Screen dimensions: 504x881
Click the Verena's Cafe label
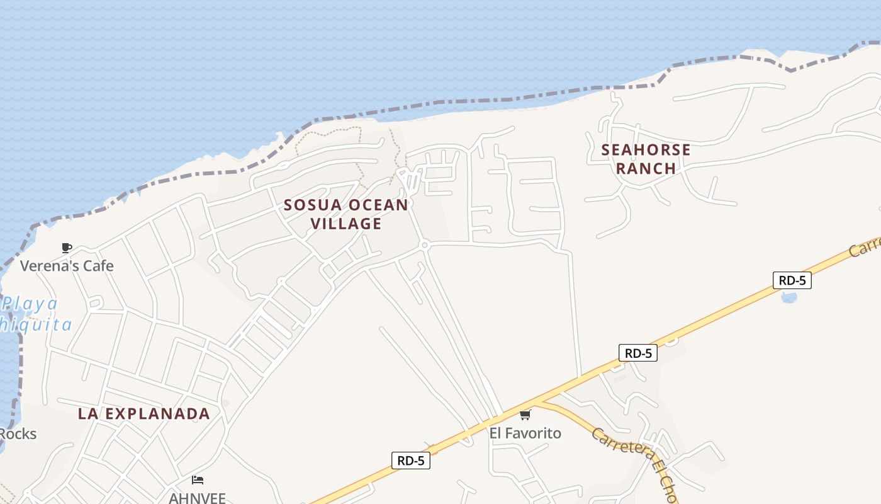click(67, 266)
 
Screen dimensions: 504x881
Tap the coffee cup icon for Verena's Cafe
click(67, 248)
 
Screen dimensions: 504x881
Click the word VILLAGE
click(346, 224)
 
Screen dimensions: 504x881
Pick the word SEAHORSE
click(646, 150)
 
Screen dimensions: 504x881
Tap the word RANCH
click(646, 168)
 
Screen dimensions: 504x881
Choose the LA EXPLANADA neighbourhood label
click(143, 413)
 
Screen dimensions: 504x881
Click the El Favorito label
click(525, 433)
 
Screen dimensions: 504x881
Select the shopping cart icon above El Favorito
click(525, 415)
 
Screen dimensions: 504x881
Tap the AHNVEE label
click(197, 498)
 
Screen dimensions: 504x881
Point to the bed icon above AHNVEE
click(197, 480)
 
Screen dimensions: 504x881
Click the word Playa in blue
click(30, 304)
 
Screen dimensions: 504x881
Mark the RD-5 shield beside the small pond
click(792, 280)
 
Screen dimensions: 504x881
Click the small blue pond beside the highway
click(788, 297)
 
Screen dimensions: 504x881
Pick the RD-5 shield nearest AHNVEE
click(411, 461)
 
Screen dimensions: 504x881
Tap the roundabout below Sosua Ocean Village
click(425, 244)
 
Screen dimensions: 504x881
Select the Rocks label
click(18, 434)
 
